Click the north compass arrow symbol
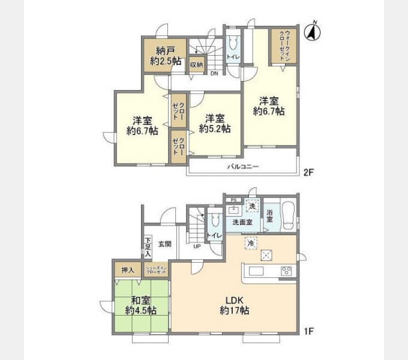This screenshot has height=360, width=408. click(311, 32)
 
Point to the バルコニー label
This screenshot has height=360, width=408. click(242, 166)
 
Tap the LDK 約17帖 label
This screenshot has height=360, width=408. click(233, 305)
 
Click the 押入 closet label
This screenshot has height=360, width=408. click(127, 269)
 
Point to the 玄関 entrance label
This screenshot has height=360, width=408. click(165, 244)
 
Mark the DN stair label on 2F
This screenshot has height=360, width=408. click(214, 74)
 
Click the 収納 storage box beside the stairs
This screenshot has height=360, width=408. click(196, 64)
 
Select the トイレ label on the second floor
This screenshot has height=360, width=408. click(233, 57)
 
